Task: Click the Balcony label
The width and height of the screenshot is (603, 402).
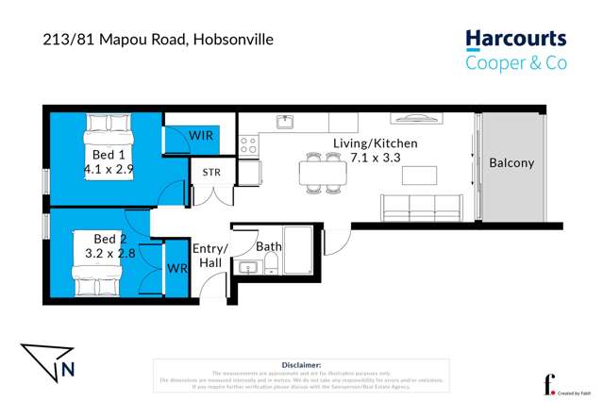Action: click(511, 162)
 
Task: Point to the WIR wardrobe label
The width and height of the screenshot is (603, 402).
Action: click(200, 136)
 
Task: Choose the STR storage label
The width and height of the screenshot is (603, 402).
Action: click(210, 173)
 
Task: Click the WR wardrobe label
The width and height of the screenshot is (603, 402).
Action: click(176, 268)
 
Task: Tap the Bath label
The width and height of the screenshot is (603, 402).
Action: click(269, 246)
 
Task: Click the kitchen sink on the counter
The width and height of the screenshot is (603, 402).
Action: click(284, 121)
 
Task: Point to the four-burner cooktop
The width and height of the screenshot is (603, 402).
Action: click(248, 145)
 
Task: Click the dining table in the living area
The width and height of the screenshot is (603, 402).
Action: click(323, 173)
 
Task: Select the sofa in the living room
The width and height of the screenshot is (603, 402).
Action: click(421, 207)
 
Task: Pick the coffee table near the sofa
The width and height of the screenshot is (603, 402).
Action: click(419, 175)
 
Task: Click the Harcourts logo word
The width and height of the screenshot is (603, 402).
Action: click(515, 40)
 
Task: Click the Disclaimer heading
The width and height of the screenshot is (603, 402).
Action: click(301, 364)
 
